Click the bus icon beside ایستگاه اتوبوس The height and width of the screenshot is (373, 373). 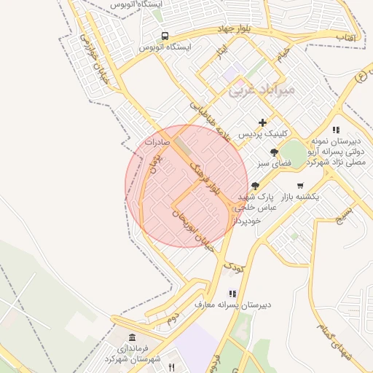click(165, 35)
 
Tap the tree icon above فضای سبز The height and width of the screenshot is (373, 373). click(274, 152)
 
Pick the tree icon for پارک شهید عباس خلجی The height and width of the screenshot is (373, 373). click(254, 186)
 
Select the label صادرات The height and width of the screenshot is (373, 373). click(157, 143)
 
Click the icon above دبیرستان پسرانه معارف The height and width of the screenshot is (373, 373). click(232, 293)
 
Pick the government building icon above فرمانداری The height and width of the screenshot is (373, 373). click(132, 337)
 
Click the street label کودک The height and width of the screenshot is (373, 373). click(233, 267)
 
